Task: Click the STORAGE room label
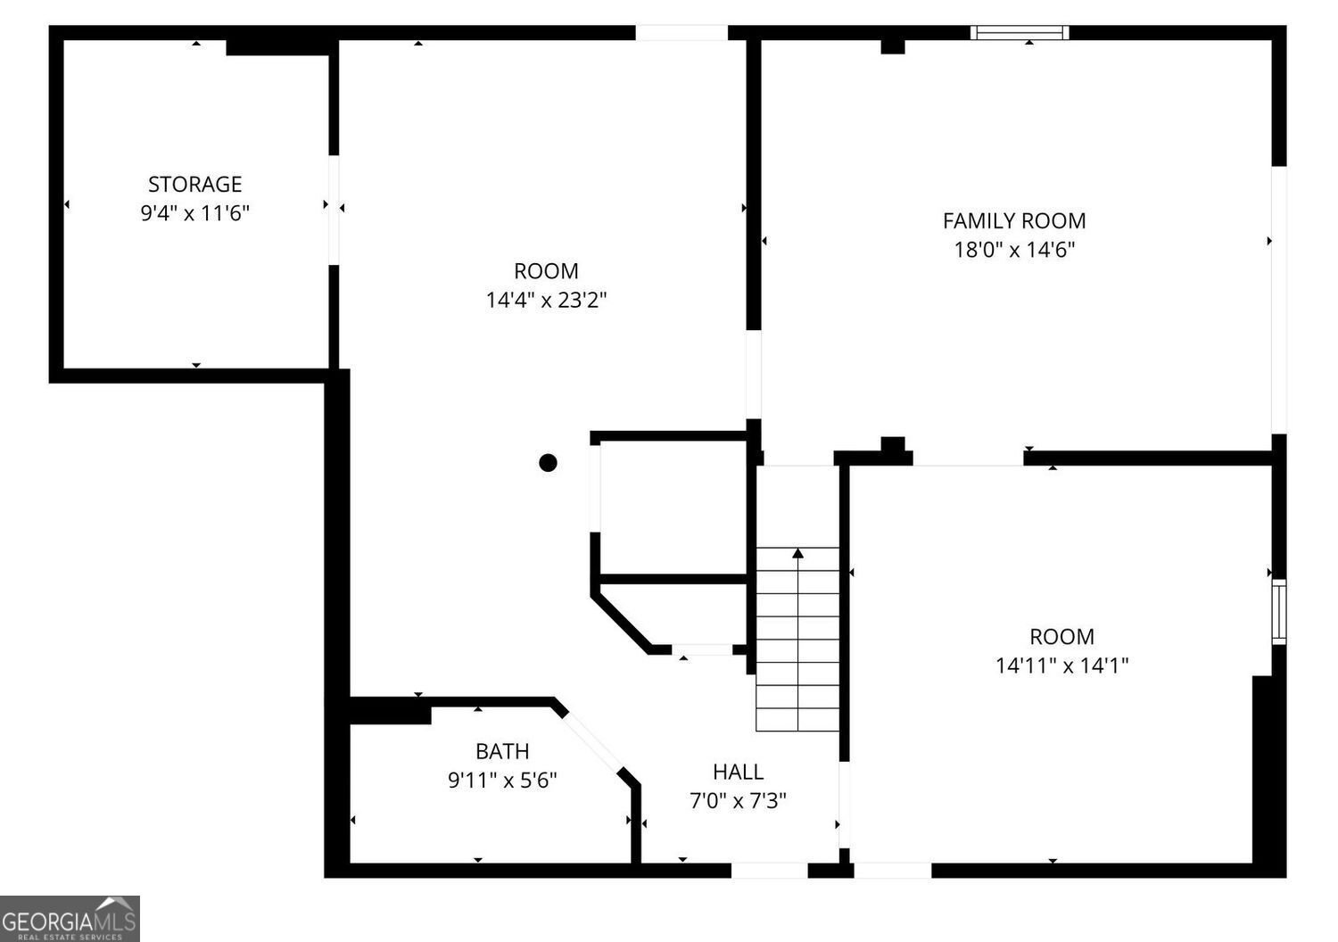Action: (194, 184)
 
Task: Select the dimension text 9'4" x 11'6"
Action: (194, 213)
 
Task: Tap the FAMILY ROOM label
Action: (1014, 220)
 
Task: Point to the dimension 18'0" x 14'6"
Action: (1014, 250)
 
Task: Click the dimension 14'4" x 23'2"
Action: (546, 300)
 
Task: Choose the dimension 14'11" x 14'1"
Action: (1061, 665)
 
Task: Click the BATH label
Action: (502, 751)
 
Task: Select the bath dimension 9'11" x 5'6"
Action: (502, 781)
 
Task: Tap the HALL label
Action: (738, 772)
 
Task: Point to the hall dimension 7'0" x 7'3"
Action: (738, 801)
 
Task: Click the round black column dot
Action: (548, 462)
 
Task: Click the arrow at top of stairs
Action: (797, 554)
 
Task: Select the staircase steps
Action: (797, 642)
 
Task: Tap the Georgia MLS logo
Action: (70, 919)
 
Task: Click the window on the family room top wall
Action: (1020, 33)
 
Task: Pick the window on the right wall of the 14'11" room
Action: (1279, 611)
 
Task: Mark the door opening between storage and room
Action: (334, 210)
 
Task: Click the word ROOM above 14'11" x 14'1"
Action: (1061, 636)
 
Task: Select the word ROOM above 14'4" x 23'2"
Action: (546, 270)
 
